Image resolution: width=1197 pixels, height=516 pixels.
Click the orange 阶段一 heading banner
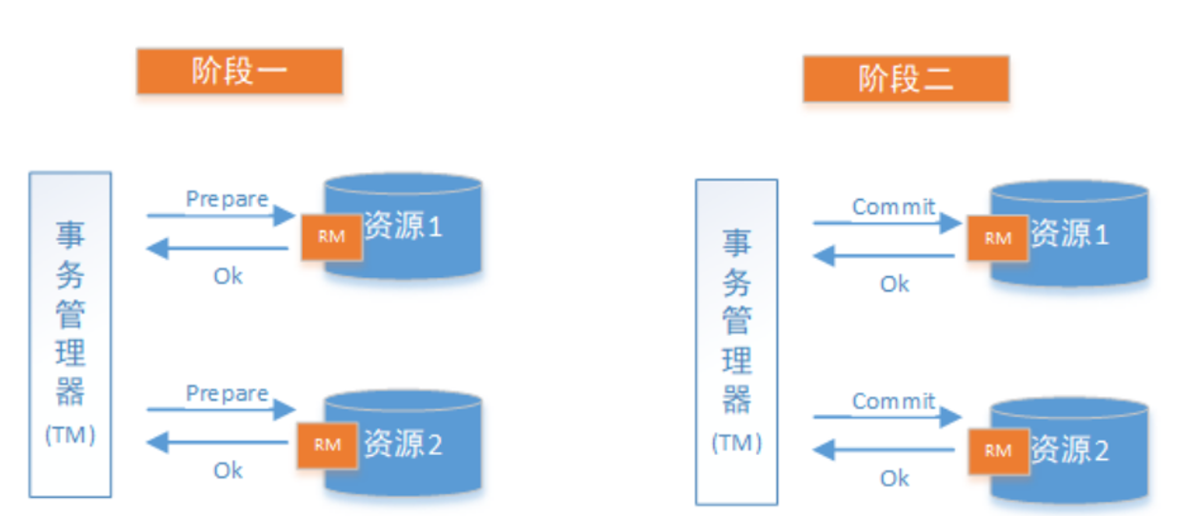point(239,71)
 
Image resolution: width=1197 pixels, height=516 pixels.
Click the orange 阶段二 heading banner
point(905,78)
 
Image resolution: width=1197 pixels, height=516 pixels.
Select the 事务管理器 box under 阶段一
point(70,333)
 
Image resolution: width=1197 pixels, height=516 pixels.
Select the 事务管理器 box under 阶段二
point(736,341)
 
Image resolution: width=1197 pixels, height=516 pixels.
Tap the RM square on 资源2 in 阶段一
point(327,445)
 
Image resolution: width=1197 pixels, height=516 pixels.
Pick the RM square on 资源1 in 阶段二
point(998,238)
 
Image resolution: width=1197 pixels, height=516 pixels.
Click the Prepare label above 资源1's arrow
point(227,199)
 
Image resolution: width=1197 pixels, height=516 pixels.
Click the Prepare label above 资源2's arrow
point(227,393)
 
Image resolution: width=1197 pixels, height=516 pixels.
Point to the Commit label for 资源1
point(893,207)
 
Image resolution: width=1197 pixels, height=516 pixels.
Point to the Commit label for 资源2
point(893,401)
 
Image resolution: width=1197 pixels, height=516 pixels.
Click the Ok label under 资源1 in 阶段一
point(228,276)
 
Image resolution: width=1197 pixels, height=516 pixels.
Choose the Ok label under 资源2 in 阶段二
point(894,478)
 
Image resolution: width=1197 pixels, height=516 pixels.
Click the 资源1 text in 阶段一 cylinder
point(403,228)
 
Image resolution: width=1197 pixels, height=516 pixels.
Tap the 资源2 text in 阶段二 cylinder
point(1069,448)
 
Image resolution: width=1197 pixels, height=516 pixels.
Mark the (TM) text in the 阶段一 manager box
point(70,436)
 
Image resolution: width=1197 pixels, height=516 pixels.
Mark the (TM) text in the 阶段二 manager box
point(736,444)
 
